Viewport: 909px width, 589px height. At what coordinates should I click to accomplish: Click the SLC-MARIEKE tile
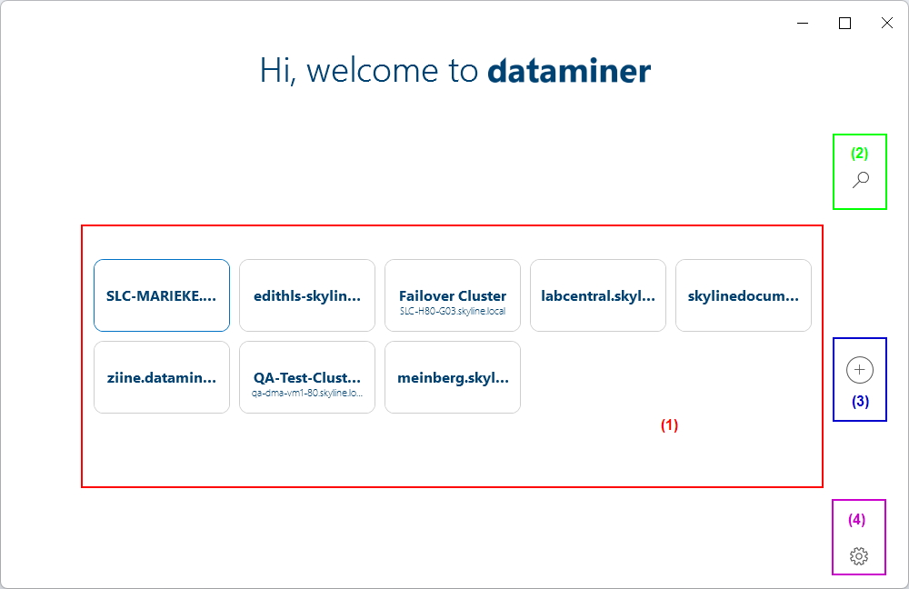click(x=162, y=295)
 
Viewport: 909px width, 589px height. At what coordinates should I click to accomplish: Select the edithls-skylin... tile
click(x=307, y=295)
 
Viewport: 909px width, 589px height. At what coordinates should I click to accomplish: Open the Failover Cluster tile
click(x=453, y=295)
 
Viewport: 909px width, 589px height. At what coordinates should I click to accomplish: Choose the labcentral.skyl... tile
click(x=598, y=295)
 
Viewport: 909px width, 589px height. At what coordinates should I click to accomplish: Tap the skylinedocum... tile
click(x=744, y=295)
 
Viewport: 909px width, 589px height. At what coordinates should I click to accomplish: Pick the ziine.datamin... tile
click(x=162, y=377)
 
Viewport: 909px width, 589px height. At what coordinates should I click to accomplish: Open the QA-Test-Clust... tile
click(x=307, y=377)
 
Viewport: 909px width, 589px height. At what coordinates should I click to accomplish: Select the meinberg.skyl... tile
click(x=453, y=377)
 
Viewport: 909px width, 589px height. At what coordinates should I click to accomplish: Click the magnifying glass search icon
click(x=860, y=180)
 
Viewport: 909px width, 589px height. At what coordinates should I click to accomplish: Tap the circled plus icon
click(x=860, y=370)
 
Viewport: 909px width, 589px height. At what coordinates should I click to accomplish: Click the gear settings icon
click(x=859, y=556)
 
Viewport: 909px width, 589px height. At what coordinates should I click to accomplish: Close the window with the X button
click(x=887, y=24)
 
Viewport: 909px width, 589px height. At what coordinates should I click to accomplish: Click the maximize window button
click(x=844, y=24)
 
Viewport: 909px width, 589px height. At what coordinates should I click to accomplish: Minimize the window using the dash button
click(x=803, y=24)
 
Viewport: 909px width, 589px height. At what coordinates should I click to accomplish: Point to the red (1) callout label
click(x=669, y=424)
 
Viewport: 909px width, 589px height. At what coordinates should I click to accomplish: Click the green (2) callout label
click(x=859, y=153)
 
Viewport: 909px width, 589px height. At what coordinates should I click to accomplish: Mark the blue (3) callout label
click(x=860, y=401)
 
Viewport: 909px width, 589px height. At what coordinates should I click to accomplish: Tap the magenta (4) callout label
click(x=857, y=520)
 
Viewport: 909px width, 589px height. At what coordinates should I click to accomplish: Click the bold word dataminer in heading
click(x=569, y=71)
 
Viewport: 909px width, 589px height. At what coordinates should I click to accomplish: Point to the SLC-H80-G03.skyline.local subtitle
click(x=453, y=311)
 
